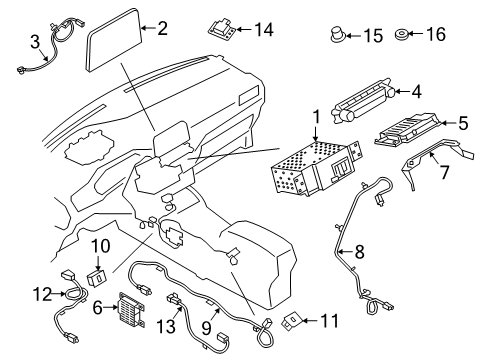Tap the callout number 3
click(x=34, y=42)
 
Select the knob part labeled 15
click(x=338, y=36)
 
